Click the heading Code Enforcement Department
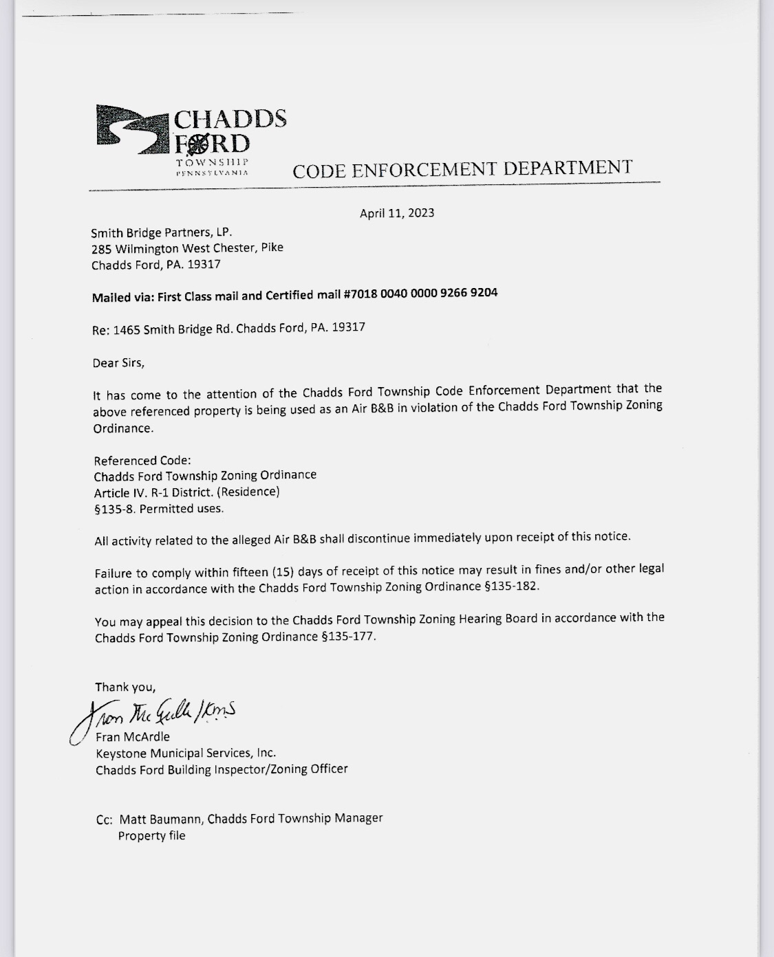462,168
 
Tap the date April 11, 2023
397,213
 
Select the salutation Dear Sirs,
118,362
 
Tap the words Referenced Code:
142,461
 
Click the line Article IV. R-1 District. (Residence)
186,492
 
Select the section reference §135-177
349,636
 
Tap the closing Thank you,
125,687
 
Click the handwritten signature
154,716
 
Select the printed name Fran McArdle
133,736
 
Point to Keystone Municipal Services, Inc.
186,753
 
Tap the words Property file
151,836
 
